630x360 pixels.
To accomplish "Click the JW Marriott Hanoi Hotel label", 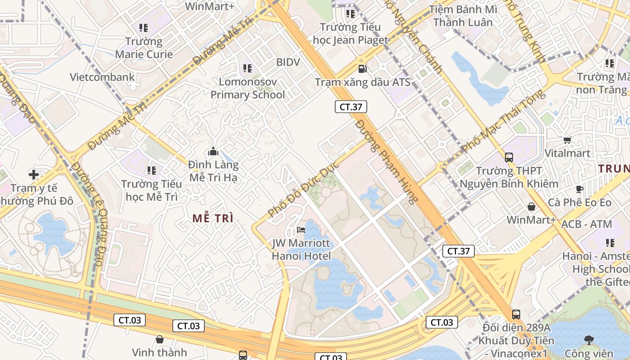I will [301, 250].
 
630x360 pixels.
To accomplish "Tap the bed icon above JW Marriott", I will [301, 230].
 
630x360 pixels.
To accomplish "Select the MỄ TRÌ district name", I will [213, 218].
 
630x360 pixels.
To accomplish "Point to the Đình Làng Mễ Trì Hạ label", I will [213, 171].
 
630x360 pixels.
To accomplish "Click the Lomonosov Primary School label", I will [247, 88].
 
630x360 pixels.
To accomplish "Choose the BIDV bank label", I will [288, 62].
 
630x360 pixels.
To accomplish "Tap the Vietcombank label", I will [102, 77].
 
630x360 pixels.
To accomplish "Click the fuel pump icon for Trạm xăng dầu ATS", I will [362, 68].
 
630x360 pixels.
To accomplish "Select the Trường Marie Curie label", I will [144, 48].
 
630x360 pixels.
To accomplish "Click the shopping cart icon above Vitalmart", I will [567, 140].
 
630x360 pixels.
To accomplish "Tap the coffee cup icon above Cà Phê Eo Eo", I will [579, 189].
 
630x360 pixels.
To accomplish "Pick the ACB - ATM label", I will [587, 224].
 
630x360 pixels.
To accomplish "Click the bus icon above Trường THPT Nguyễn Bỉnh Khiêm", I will [509, 157].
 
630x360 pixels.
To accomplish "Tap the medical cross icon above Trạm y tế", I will [34, 174].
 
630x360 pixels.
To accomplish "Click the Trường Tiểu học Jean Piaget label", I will [350, 34].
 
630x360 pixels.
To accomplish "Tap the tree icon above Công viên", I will [589, 340].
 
